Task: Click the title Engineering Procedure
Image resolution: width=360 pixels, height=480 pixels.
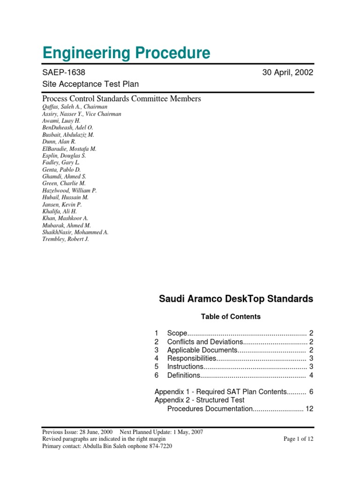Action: [126, 53]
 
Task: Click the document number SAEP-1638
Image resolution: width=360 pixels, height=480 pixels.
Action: [64, 73]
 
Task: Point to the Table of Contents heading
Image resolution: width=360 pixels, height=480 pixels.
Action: [231, 317]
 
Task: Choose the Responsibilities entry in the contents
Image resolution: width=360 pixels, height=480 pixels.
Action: [192, 359]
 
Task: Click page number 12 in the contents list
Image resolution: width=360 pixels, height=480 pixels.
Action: [309, 409]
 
